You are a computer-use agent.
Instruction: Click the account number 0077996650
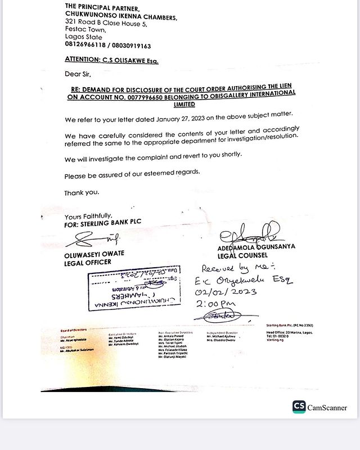pos(143,97)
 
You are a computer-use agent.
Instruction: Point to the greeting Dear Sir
pos(78,74)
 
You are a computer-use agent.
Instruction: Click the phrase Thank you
pos(82,192)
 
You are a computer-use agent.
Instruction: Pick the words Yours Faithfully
pos(89,216)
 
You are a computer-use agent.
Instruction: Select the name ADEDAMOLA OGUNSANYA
pos(256,246)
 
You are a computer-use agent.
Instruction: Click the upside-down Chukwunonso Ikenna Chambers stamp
pos(132,290)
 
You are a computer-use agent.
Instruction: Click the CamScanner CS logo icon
pos(299,407)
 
